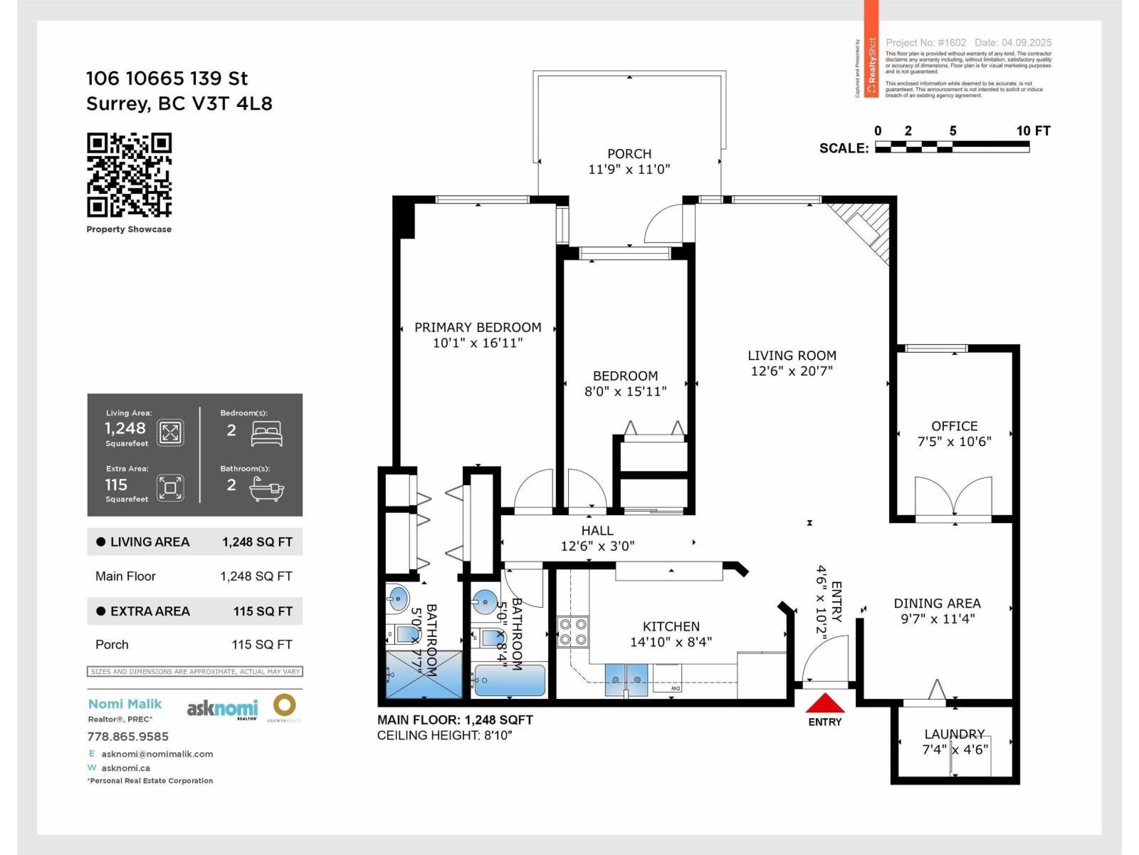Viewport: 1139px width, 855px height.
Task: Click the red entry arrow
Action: click(x=824, y=704)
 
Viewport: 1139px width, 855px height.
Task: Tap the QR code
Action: click(x=130, y=175)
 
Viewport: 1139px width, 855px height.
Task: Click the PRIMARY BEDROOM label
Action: click(x=478, y=328)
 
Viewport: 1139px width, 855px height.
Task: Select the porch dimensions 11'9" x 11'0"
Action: click(x=629, y=170)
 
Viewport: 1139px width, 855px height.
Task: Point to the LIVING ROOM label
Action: click(x=792, y=356)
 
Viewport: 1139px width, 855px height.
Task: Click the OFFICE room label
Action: click(x=954, y=426)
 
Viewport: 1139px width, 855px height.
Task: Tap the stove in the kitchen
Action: click(x=572, y=631)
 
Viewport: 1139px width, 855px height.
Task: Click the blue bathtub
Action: click(x=510, y=680)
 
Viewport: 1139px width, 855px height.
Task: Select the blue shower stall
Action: click(x=423, y=674)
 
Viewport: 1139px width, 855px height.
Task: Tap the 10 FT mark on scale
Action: click(x=1032, y=131)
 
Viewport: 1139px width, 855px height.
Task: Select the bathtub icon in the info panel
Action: click(x=266, y=489)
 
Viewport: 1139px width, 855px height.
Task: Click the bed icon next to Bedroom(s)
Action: click(x=267, y=433)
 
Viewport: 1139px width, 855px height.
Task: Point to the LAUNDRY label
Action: click(x=954, y=734)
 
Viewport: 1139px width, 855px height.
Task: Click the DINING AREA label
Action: click(x=937, y=603)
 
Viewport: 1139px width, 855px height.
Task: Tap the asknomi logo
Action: click(x=222, y=708)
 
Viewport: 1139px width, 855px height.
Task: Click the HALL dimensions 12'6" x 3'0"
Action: click(x=597, y=546)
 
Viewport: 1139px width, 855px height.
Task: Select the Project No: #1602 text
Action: click(x=925, y=43)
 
